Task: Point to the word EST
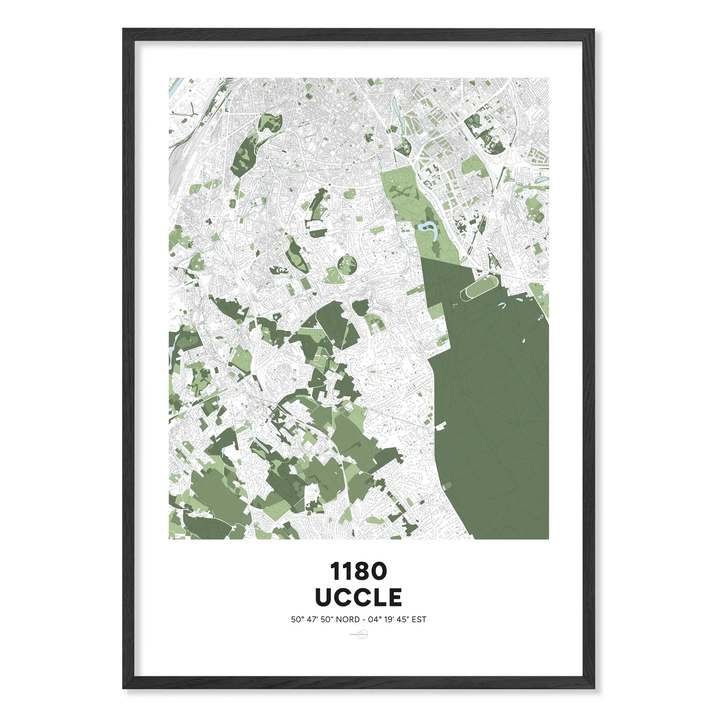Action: pos(419,620)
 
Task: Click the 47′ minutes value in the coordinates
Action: pos(312,620)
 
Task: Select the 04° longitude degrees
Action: pos(375,620)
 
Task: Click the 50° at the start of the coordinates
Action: pos(298,620)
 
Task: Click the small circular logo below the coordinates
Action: pos(363,634)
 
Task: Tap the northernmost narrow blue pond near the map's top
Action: pos(394,105)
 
